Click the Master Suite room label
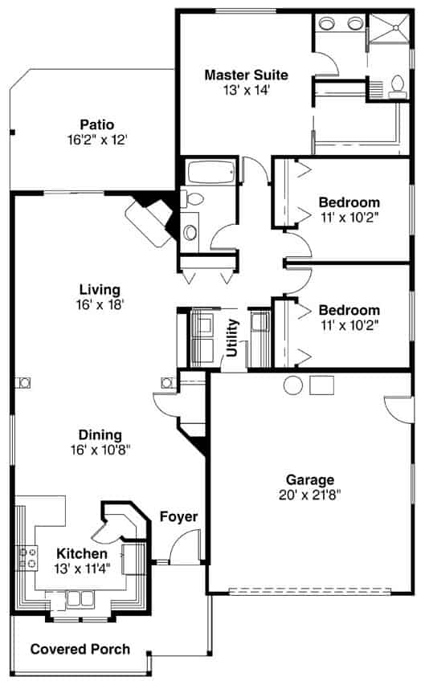(x=246, y=75)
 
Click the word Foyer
(x=178, y=516)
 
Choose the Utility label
(x=232, y=337)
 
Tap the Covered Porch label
(x=80, y=649)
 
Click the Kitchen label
(x=81, y=554)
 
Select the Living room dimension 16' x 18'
(x=100, y=304)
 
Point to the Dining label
(x=100, y=435)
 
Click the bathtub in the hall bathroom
(x=210, y=171)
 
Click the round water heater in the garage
(x=292, y=385)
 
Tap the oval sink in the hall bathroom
(x=190, y=233)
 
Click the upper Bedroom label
(x=349, y=202)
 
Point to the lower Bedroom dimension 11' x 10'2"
(x=349, y=324)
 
